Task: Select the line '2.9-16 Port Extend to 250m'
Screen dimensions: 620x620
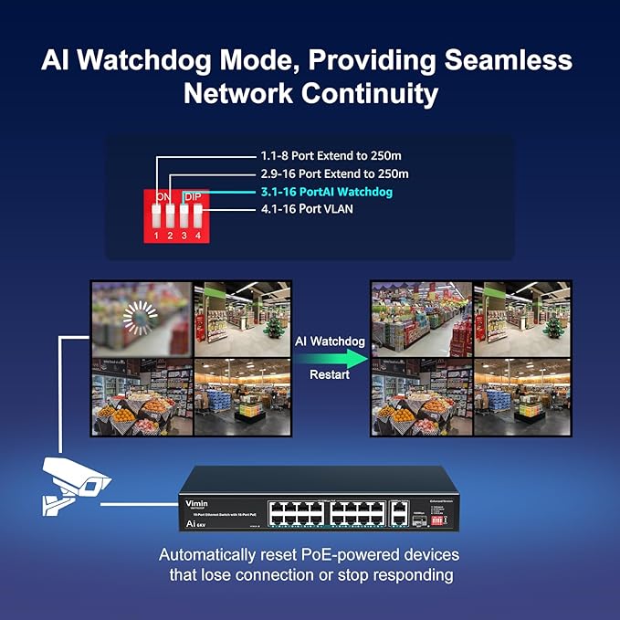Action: (x=334, y=173)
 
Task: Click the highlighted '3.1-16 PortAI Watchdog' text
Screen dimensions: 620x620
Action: (x=326, y=192)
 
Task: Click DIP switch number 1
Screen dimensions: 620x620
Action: (x=157, y=216)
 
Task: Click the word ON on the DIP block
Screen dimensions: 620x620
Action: (x=163, y=196)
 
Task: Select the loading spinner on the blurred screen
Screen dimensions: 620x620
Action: (x=140, y=319)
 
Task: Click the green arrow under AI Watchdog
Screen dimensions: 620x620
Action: (x=330, y=358)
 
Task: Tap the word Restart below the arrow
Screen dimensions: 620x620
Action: (x=330, y=374)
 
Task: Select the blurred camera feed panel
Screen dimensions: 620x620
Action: (x=141, y=319)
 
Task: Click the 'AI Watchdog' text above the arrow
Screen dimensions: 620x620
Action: (x=330, y=341)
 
